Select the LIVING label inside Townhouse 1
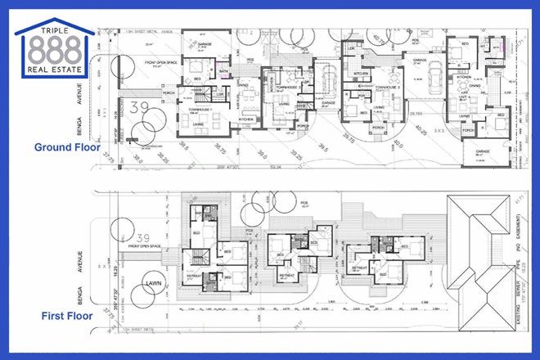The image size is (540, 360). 198,124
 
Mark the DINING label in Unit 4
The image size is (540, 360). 474,84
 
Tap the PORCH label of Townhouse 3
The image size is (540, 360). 378,128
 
